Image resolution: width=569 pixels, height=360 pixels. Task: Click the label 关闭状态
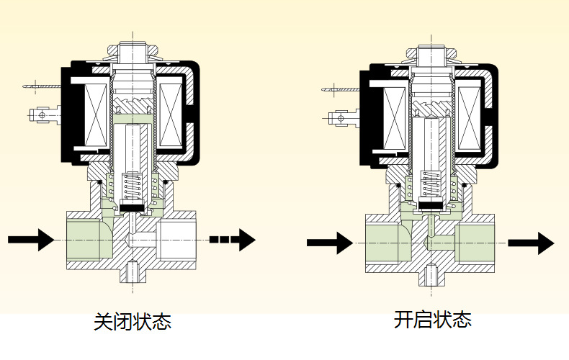tap(133, 321)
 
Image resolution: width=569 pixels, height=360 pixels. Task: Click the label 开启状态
tap(432, 319)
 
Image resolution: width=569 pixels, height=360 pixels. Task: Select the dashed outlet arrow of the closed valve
tap(232, 238)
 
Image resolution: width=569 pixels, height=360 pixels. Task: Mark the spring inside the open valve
tap(431, 186)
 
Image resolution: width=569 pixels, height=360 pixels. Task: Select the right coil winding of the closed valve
tap(169, 115)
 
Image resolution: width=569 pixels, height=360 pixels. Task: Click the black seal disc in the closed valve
tap(133, 210)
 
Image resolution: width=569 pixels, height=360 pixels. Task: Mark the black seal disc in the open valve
tap(431, 204)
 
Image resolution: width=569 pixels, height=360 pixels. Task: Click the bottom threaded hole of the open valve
tap(431, 274)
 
